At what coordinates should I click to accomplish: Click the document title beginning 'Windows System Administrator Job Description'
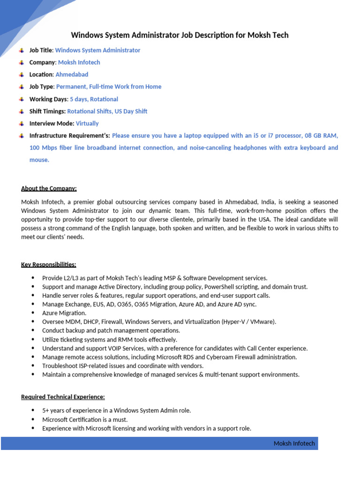180,35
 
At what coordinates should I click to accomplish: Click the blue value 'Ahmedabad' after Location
72,75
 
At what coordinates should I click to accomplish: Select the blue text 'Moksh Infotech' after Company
79,62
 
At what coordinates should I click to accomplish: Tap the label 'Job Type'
41,87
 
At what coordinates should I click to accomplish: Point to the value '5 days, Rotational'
94,99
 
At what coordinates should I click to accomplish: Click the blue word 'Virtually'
87,124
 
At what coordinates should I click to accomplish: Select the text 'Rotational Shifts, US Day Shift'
107,112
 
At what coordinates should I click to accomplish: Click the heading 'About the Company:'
49,188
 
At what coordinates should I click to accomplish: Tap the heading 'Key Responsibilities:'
48,265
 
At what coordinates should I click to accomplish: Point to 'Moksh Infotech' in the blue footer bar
294,443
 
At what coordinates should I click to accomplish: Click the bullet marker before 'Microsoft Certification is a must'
32,420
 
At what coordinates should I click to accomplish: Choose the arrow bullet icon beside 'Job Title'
22,50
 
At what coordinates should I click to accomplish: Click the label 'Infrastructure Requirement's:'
69,136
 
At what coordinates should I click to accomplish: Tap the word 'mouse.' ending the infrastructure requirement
39,160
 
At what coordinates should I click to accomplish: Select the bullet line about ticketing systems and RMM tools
109,339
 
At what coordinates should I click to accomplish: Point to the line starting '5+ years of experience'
116,411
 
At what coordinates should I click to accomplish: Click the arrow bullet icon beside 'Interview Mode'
22,124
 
